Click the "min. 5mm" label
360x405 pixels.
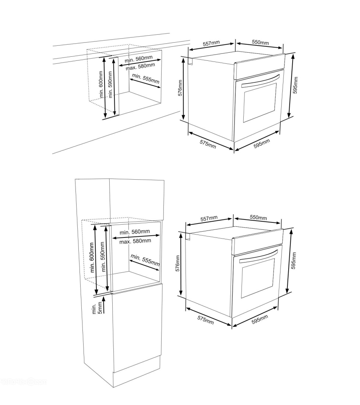click(x=97, y=309)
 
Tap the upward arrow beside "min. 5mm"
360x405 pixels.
click(x=104, y=305)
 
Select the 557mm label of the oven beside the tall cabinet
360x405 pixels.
click(x=209, y=218)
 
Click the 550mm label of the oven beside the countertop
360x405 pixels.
click(x=260, y=42)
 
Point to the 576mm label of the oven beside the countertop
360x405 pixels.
click(x=180, y=88)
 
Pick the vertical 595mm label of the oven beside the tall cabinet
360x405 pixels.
click(x=294, y=260)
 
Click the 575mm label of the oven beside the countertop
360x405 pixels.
click(x=208, y=144)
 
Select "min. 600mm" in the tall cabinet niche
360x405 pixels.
click(x=92, y=257)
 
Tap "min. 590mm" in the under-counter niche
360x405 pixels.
click(x=110, y=84)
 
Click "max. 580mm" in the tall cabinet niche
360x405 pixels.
click(x=135, y=241)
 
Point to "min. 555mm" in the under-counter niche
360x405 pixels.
click(x=146, y=78)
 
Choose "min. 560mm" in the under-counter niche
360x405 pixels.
click(x=138, y=59)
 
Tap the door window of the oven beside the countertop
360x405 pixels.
click(x=260, y=102)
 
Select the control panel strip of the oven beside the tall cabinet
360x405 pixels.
click(x=258, y=242)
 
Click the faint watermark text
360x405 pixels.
click(x=23, y=381)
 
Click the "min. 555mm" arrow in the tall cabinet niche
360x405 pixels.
click(x=144, y=265)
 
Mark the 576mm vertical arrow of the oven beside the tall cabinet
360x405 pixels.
click(x=181, y=264)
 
